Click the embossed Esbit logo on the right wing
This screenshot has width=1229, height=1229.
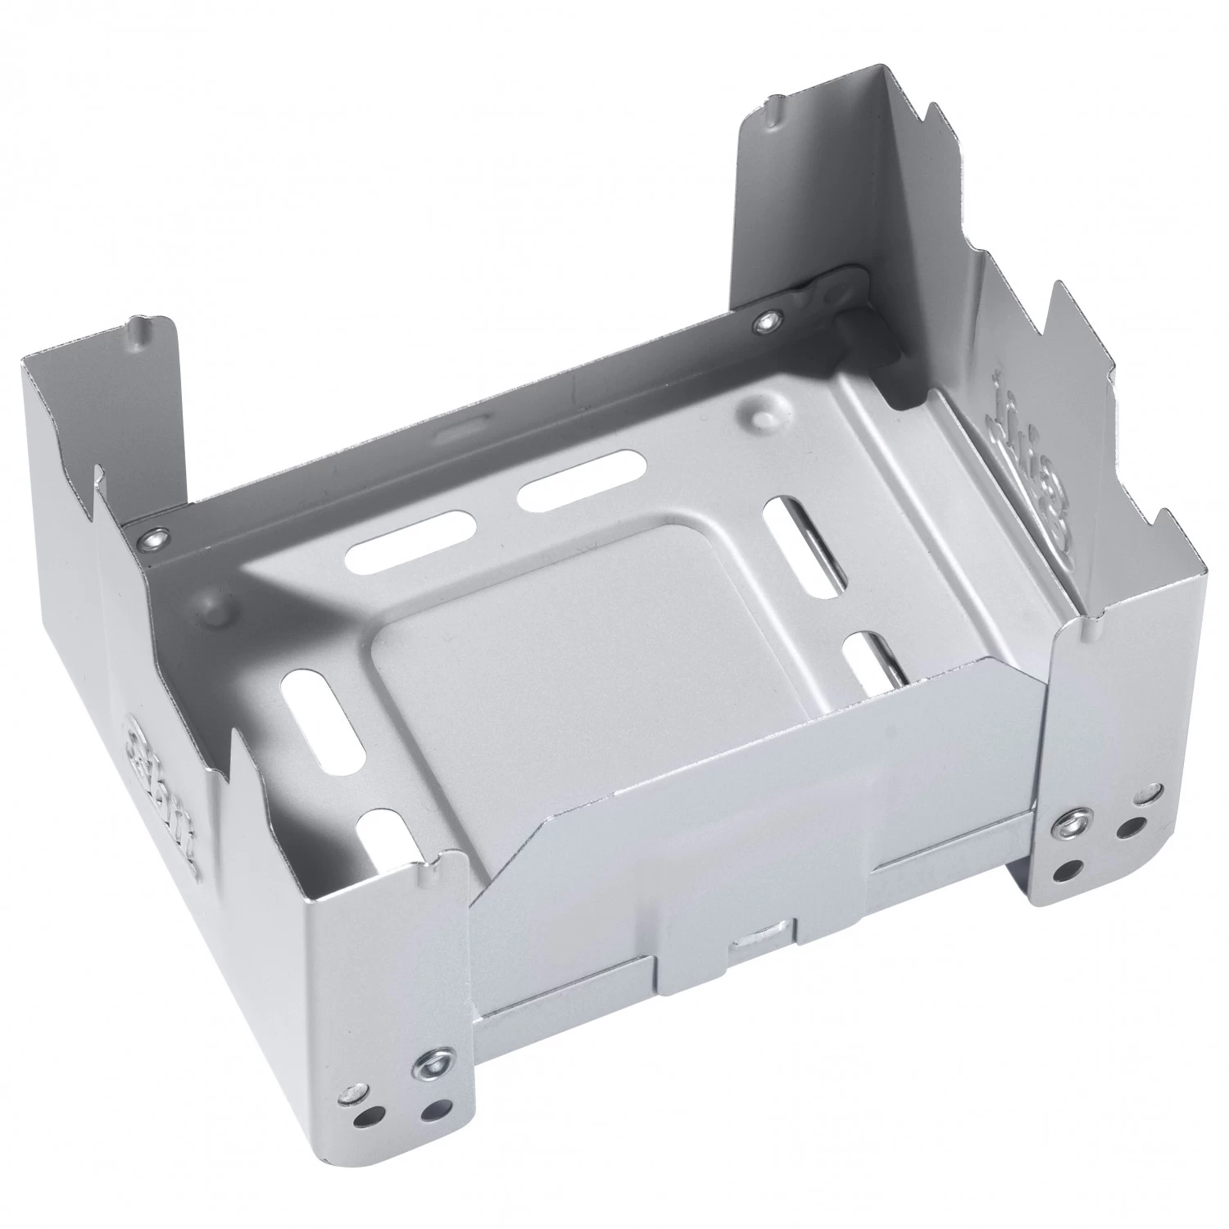1029,459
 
